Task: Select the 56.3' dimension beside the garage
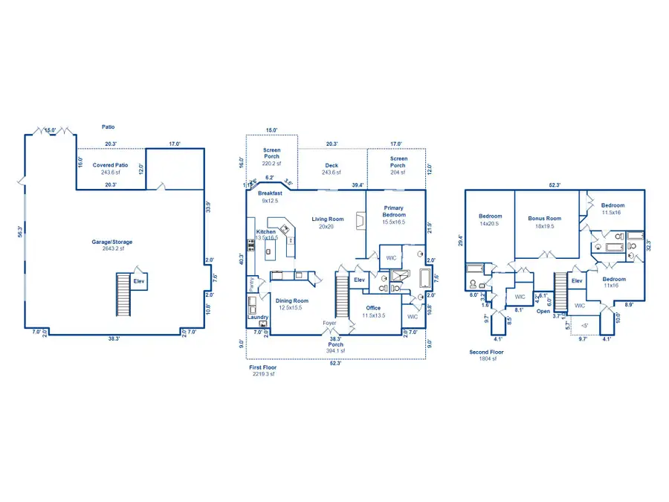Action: [21, 232]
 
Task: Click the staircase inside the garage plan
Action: [123, 292]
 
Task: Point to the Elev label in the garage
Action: [139, 281]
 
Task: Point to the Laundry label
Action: [257, 318]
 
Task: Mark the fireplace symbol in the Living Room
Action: [361, 221]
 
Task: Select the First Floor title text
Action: [263, 367]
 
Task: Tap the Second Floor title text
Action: [487, 352]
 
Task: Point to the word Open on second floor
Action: [544, 312]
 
